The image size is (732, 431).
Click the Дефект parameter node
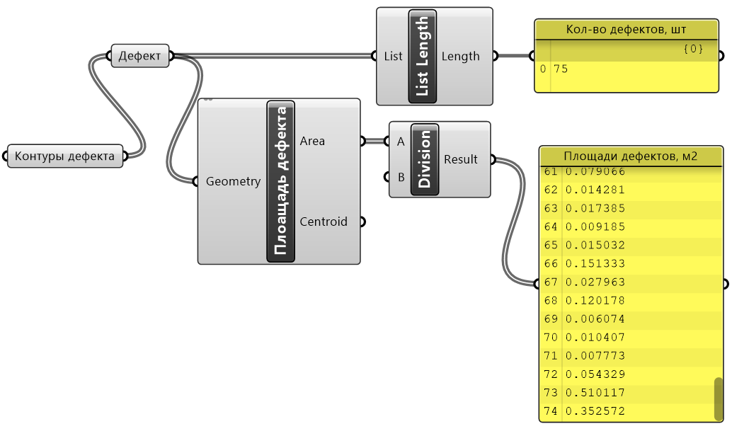point(140,57)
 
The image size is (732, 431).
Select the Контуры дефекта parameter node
point(65,156)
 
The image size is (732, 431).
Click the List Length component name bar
point(423,56)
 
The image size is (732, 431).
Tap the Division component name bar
point(425,159)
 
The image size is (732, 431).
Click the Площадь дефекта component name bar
point(280,181)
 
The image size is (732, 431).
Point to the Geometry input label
point(233,181)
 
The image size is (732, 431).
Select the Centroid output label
point(324,222)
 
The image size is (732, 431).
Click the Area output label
point(312,141)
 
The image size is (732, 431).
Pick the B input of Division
point(401,177)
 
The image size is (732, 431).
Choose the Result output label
point(460,159)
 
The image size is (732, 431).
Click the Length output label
point(460,57)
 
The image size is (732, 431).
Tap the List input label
point(393,57)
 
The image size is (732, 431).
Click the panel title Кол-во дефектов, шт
point(627,30)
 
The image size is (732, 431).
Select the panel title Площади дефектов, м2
point(630,156)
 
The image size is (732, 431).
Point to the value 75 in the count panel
point(561,69)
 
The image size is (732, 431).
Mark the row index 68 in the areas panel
point(551,301)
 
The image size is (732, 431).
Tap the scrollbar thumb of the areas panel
point(718,398)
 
